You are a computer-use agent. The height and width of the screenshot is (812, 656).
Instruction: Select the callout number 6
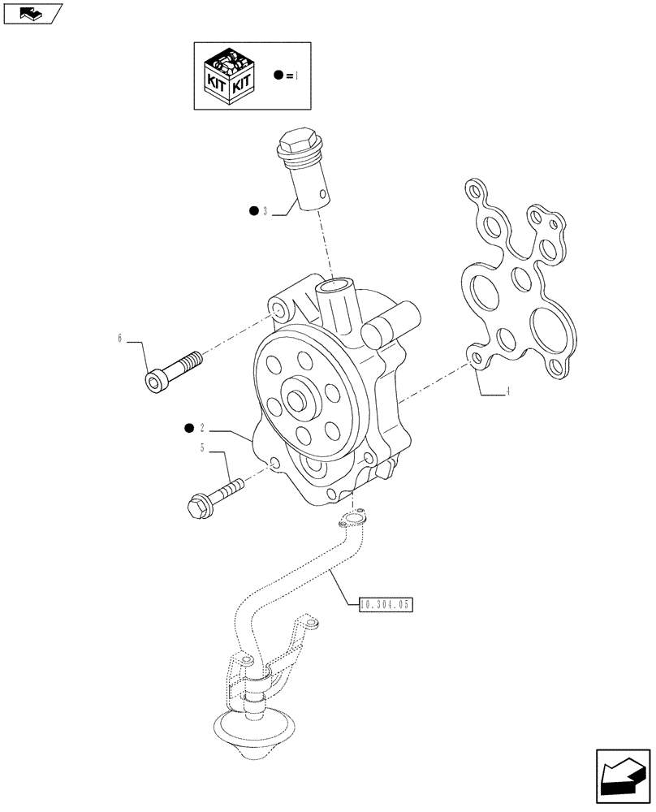(120, 338)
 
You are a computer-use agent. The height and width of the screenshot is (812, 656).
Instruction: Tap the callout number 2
(201, 427)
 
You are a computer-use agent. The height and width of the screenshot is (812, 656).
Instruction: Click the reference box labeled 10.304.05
(385, 603)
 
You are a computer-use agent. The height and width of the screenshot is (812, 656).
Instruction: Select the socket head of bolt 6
(156, 381)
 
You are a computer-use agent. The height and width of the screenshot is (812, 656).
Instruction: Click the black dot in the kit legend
(278, 75)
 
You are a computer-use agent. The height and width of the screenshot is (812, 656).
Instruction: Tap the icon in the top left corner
(32, 13)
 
